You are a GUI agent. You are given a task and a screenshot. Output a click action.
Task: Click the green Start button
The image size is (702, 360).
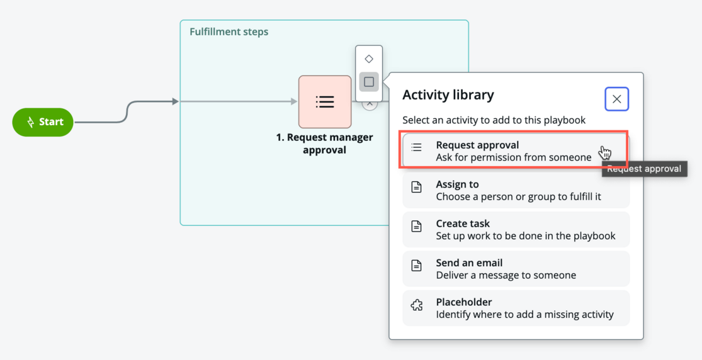(43, 122)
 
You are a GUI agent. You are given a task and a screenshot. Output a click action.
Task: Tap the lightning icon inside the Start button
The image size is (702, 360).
(30, 122)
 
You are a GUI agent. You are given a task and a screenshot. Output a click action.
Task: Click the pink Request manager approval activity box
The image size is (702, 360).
(325, 101)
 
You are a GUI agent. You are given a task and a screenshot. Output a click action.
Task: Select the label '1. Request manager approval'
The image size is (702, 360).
(325, 143)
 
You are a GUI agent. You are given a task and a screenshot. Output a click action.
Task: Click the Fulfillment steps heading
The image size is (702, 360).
(229, 32)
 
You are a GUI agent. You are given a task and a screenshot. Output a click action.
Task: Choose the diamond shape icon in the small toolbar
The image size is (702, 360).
(369, 59)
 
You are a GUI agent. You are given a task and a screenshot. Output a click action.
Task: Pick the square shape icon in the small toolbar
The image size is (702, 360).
(369, 82)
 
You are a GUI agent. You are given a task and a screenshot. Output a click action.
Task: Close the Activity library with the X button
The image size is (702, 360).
(616, 99)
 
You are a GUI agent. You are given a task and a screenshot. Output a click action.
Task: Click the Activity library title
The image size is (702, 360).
(448, 95)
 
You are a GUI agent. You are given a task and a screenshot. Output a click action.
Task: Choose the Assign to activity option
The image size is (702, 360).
(516, 190)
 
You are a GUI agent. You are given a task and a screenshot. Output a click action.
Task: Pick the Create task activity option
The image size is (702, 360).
(516, 230)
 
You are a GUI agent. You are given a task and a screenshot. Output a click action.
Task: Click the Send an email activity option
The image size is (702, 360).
(516, 269)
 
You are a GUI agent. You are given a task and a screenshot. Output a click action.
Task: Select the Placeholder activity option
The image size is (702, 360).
(516, 308)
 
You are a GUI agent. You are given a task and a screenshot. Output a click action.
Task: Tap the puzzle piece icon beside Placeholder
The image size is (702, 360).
(417, 305)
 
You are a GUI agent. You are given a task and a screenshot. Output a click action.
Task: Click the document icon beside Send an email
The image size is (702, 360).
(416, 266)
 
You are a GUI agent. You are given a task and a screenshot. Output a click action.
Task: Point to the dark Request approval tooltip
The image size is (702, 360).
(644, 169)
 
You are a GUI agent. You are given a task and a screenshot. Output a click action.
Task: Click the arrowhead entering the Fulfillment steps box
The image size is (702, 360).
(176, 101)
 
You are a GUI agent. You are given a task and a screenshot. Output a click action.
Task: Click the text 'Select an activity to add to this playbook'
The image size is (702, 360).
(494, 120)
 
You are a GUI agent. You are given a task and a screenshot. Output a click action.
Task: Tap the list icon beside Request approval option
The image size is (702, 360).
(416, 147)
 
